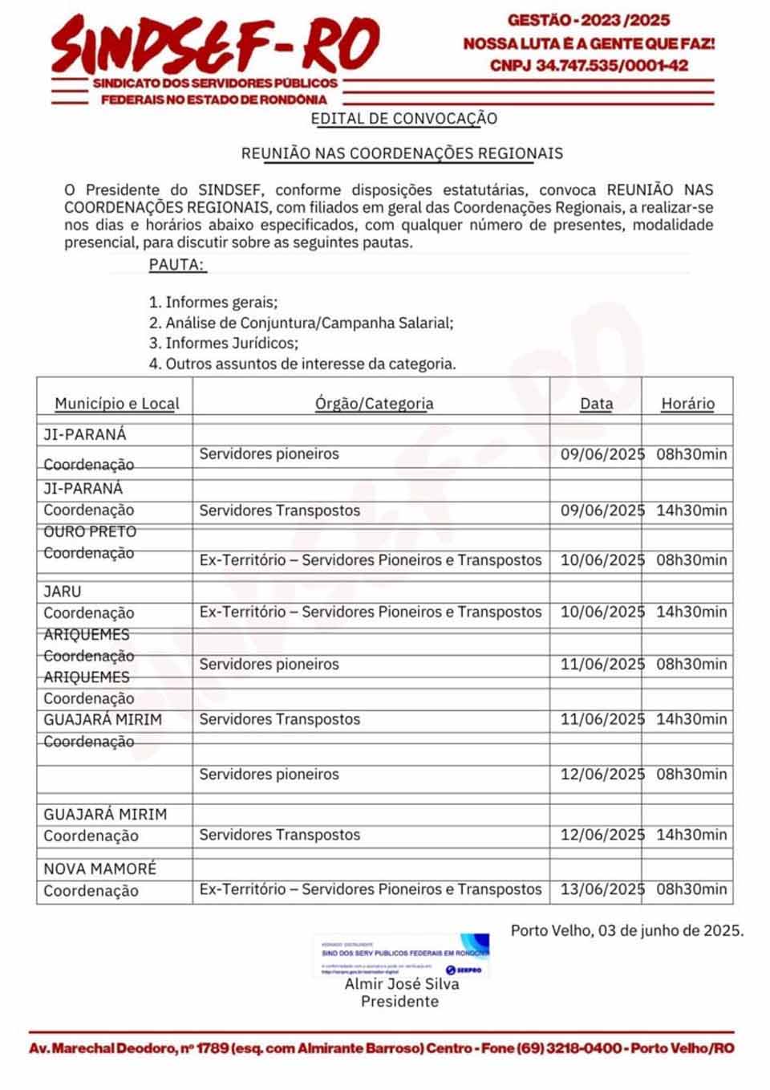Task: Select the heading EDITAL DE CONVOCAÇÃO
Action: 404,119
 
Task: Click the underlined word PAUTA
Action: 177,265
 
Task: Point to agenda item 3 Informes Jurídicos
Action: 224,344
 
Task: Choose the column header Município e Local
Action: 117,404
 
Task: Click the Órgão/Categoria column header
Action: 374,404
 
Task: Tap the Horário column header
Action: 687,404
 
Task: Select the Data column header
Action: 596,404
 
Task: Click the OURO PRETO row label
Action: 90,532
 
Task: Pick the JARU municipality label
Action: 63,592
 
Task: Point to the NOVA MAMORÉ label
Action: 100,869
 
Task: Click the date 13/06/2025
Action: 602,889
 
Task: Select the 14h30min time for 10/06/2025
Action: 691,612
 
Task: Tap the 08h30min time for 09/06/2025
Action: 691,454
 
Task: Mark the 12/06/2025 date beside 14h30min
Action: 602,835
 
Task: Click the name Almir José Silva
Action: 402,984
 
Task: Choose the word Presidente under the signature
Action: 399,1002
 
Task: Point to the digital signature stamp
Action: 402,954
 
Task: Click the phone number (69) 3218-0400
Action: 569,1048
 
